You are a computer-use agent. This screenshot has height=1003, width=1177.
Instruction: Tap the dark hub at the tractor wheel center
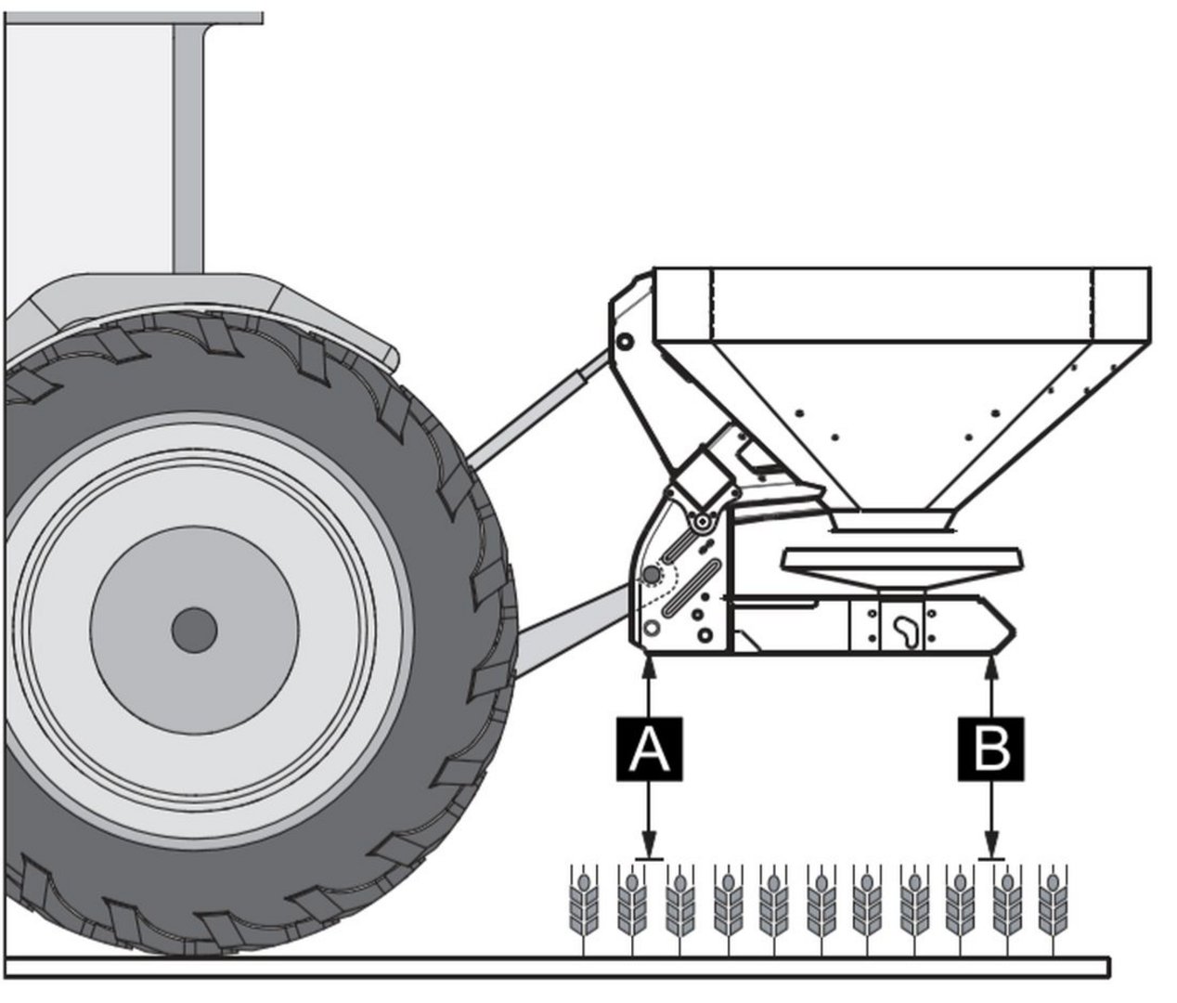tap(194, 631)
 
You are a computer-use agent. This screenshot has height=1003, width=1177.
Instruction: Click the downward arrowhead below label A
tap(648, 849)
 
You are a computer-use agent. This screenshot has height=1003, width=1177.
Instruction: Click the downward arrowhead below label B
tap(992, 849)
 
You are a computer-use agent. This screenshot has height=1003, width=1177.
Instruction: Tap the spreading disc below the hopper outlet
tap(902, 561)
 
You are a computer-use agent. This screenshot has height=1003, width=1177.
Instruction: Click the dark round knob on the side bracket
tap(652, 576)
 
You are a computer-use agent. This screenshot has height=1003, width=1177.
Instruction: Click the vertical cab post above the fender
tap(189, 149)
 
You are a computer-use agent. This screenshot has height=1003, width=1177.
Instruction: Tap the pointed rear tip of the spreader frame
tap(1009, 632)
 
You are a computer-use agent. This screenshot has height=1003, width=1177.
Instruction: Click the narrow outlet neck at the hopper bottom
tap(894, 520)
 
